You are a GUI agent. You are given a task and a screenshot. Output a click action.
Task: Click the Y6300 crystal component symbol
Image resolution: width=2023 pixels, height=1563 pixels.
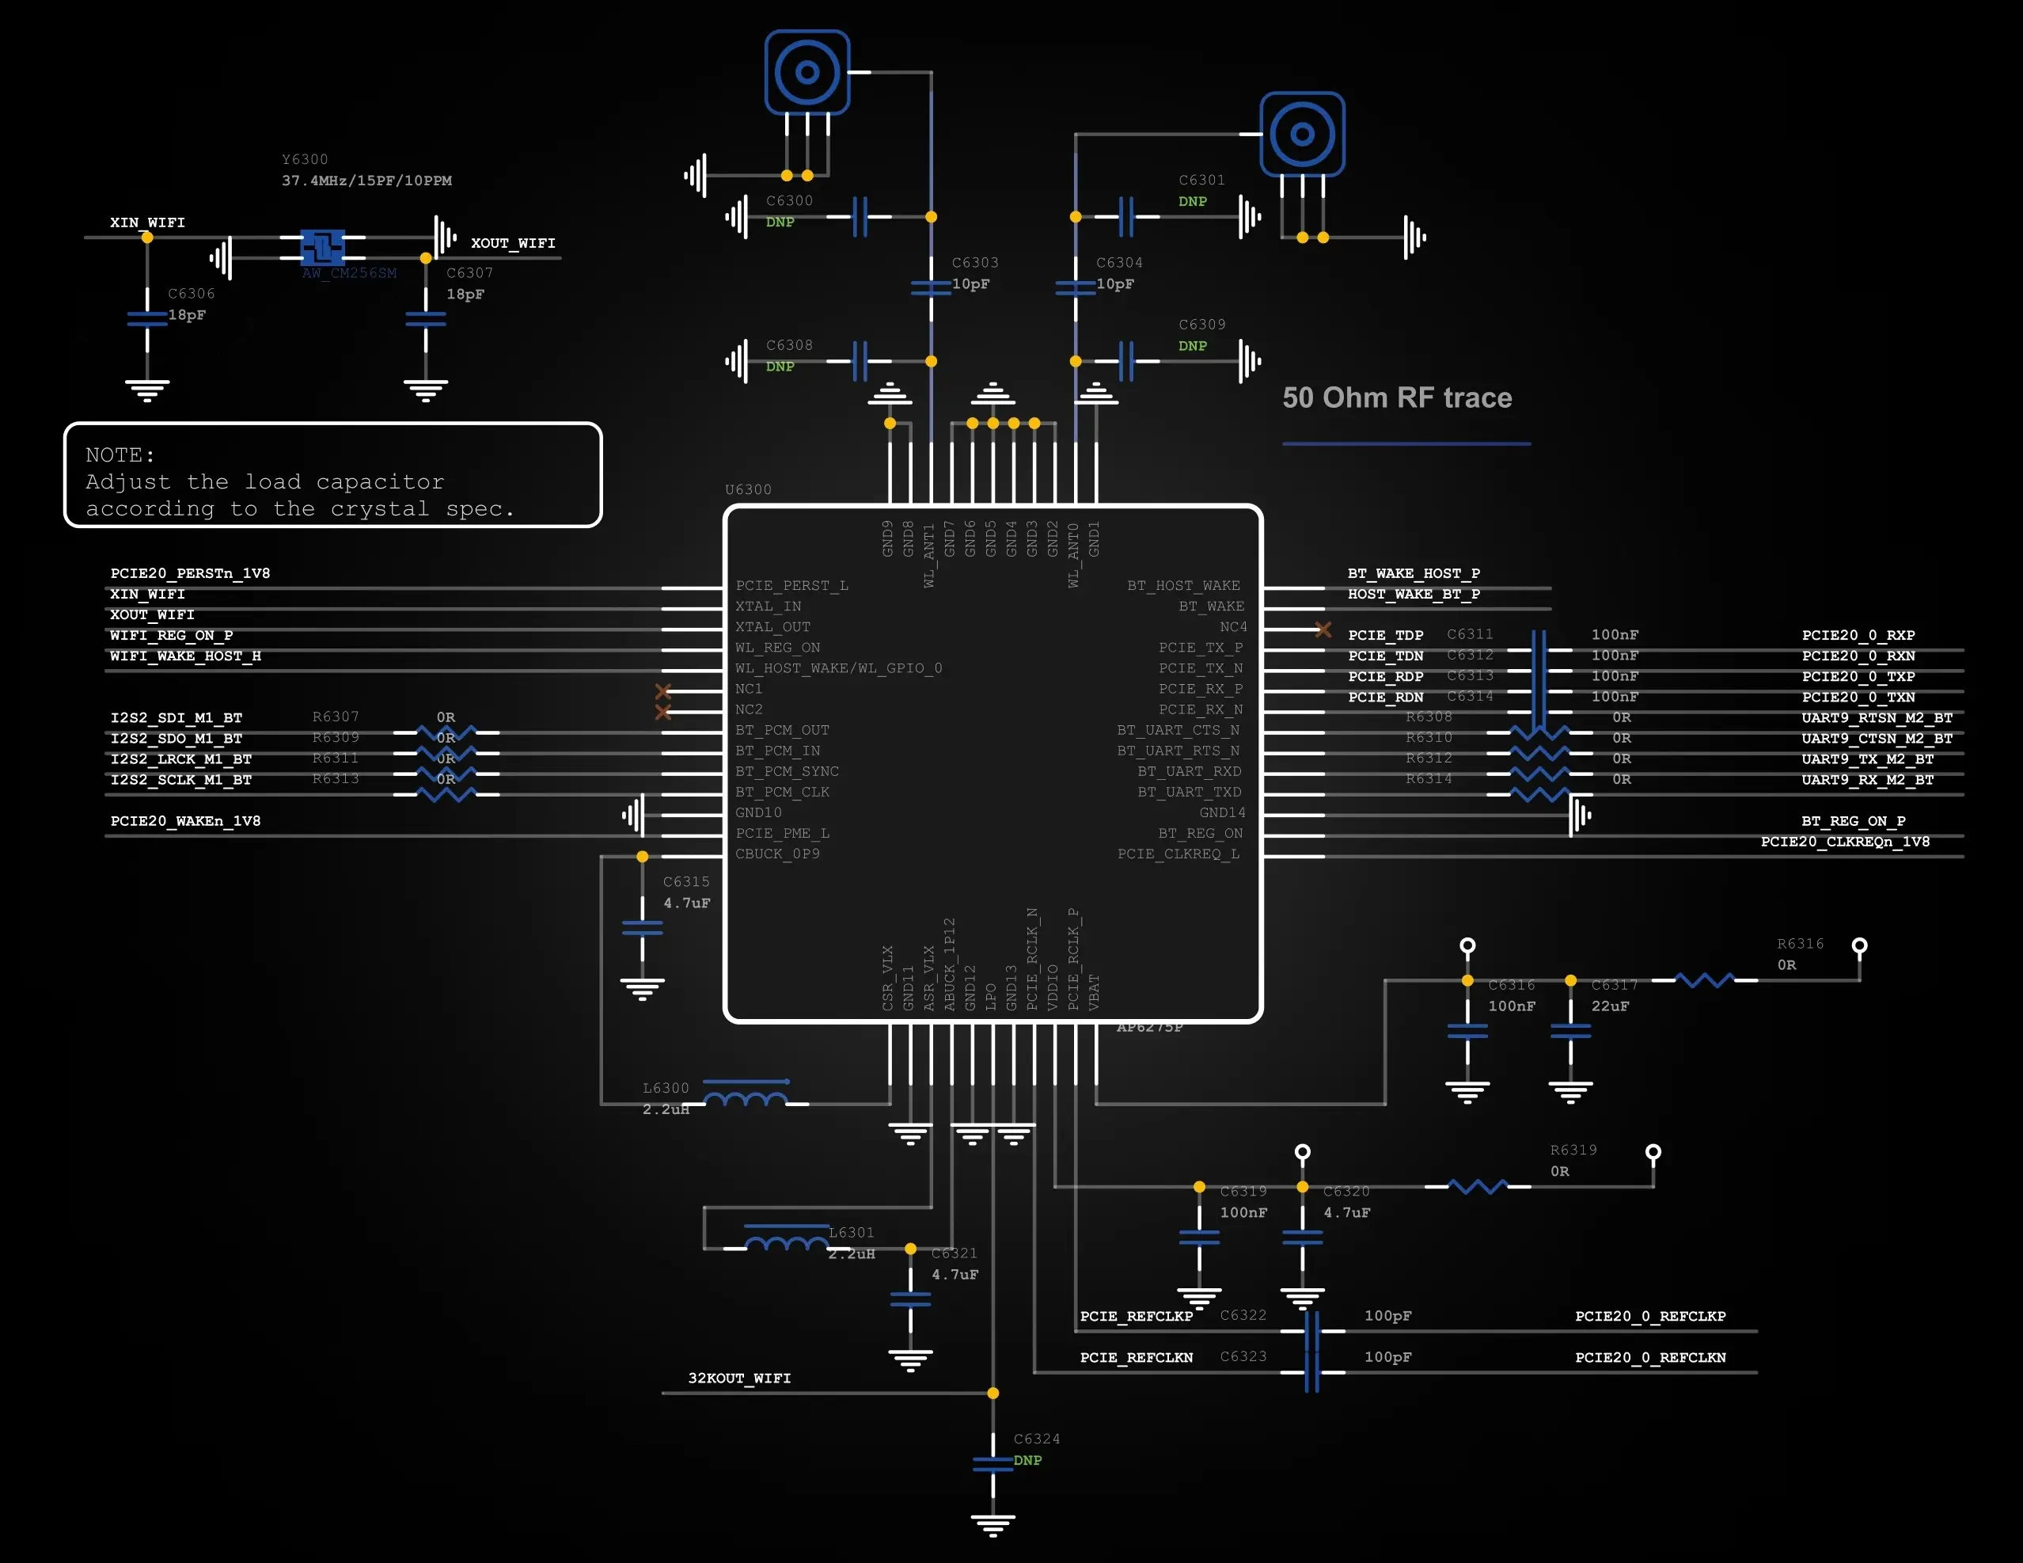(322, 247)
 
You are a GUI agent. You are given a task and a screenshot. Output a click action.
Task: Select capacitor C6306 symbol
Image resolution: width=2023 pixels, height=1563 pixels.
(147, 319)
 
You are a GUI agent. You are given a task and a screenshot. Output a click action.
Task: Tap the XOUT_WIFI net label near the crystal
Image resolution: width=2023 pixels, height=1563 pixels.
(512, 244)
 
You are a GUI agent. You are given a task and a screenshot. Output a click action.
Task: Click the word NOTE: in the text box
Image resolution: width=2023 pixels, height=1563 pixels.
(120, 455)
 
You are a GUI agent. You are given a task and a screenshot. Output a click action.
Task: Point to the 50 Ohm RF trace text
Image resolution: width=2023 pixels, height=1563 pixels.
(1396, 398)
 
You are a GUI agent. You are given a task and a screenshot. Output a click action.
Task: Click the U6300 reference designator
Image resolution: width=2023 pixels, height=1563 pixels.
(747, 489)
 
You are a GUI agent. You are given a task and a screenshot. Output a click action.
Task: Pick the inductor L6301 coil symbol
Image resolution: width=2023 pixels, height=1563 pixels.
(787, 1242)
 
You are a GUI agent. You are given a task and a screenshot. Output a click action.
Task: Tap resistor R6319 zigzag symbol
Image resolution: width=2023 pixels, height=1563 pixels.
(1478, 1187)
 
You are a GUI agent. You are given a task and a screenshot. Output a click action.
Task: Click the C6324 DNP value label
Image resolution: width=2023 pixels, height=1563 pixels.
(1027, 1460)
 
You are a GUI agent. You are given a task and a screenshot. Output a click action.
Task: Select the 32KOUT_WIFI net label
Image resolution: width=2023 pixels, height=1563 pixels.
(739, 1379)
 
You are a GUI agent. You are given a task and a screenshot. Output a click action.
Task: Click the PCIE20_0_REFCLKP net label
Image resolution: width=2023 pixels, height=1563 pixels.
(1649, 1317)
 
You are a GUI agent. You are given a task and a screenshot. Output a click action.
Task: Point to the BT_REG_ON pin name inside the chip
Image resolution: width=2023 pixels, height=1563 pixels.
(1200, 834)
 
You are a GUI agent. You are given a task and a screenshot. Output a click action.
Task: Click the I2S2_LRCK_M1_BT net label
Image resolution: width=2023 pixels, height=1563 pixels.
(180, 759)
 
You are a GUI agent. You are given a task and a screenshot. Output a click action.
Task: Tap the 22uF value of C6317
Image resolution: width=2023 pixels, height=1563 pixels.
(1610, 1006)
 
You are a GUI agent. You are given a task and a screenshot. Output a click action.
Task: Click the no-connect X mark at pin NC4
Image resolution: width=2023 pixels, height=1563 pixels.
(1323, 630)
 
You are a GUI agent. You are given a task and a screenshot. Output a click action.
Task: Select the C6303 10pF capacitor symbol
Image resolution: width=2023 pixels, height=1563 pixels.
(931, 288)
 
